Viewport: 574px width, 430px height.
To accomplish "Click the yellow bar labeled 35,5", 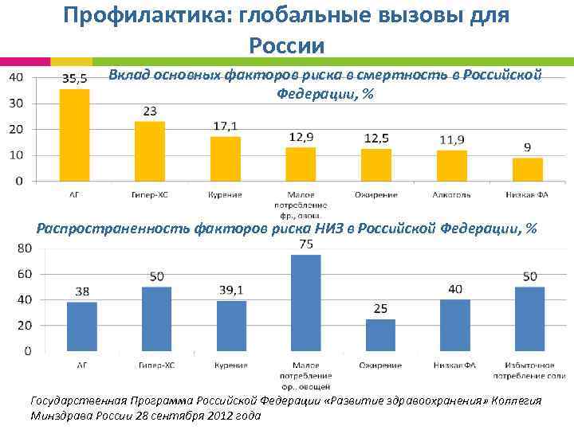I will coord(74,135).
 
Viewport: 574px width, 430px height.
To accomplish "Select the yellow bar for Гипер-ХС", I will coord(149,150).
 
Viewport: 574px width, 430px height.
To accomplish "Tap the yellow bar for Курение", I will coord(225,158).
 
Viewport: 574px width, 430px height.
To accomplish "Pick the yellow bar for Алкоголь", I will coord(451,165).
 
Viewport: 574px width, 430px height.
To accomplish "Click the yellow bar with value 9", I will coord(527,169).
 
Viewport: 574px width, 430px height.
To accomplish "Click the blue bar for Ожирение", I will coord(380,334).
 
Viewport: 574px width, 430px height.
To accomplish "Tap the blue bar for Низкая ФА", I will coord(455,325).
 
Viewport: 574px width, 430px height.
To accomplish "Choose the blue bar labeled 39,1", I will coord(231,326).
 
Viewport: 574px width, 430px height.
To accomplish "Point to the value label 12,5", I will coord(376,139).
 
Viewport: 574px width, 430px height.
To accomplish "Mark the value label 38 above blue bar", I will coord(82,291).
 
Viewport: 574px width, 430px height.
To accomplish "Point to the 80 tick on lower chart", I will coord(24,248).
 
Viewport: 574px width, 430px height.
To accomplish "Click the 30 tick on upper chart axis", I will coord(16,103).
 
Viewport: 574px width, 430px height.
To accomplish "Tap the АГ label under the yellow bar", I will coord(74,193).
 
